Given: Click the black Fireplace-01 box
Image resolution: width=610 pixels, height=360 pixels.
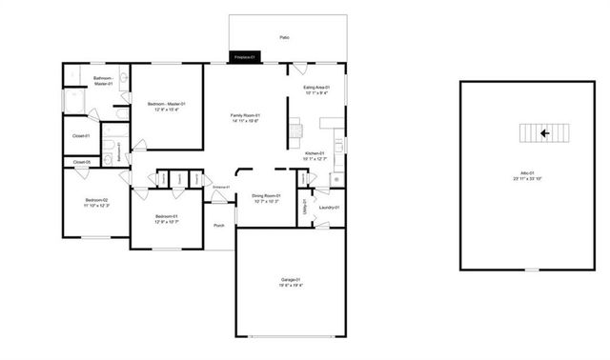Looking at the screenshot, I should [x=242, y=58].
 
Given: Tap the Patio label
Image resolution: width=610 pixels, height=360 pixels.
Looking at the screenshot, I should [x=284, y=37].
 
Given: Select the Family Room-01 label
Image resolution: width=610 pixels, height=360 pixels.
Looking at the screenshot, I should [x=245, y=115].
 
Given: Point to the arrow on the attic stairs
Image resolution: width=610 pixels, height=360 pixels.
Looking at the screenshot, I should [x=542, y=133].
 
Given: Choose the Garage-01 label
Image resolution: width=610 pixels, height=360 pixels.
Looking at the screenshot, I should [x=292, y=278].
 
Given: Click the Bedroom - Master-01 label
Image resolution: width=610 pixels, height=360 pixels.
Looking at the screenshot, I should [x=167, y=103].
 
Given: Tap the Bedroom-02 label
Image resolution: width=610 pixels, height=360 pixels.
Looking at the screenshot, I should [x=96, y=199].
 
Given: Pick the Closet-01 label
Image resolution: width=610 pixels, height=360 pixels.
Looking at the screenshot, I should [x=81, y=135].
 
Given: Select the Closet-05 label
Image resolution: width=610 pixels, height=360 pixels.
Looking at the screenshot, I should [x=82, y=162].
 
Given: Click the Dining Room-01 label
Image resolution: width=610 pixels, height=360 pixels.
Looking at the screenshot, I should [x=265, y=195].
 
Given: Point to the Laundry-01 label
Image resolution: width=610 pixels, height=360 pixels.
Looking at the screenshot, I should [x=330, y=207].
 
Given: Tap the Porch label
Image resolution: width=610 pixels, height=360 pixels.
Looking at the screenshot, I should [x=219, y=226].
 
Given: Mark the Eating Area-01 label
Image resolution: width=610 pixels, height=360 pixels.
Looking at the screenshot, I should [x=315, y=88].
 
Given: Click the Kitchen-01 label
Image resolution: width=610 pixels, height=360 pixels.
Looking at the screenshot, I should [x=315, y=153].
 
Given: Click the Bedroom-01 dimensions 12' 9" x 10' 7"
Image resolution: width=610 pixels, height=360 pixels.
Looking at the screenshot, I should [x=166, y=222].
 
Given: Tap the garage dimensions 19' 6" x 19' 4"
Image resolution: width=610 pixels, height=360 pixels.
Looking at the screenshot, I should [x=292, y=285].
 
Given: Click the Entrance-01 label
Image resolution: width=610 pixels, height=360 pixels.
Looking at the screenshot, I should [x=220, y=187].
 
